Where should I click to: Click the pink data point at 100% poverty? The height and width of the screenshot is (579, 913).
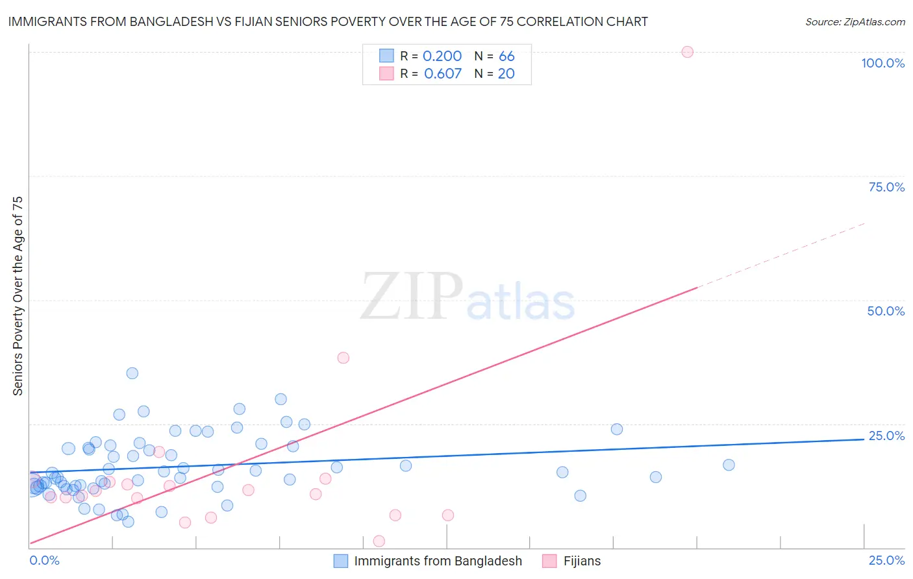coord(687,52)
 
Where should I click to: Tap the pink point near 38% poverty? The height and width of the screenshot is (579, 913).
coord(344,358)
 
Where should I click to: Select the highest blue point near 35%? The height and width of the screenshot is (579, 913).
coord(132,373)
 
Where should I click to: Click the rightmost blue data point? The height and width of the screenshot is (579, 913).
coord(729,465)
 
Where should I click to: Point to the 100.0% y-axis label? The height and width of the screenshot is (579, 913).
coord(882,63)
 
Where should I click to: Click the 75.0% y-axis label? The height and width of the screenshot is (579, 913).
coord(886,187)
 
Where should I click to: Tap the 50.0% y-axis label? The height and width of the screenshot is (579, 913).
coord(886,311)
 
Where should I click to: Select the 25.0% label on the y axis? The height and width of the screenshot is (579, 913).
coord(886,436)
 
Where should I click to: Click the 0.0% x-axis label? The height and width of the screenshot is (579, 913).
coord(44,560)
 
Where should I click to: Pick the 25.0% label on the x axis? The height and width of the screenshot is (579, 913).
coord(886,560)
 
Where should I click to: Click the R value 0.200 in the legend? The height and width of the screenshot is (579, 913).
coord(442,56)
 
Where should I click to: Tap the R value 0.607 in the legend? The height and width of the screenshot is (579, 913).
coord(443,74)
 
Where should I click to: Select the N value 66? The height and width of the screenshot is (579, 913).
coord(507,56)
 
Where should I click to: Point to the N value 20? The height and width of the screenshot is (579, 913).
coord(507,74)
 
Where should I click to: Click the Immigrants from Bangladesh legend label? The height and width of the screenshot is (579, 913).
coord(438,561)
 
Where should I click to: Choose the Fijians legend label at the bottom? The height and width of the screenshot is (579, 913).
coord(582,561)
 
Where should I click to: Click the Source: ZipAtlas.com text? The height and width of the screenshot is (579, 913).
coord(855,22)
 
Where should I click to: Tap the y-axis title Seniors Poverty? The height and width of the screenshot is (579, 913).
coord(18,295)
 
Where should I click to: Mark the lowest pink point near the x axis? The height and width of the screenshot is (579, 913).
coord(379,541)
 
